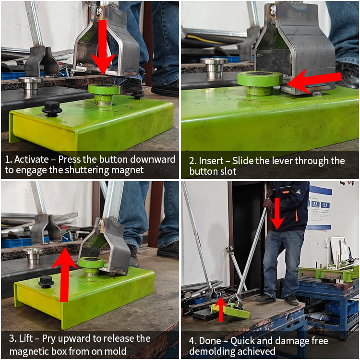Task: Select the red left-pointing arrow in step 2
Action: click(314, 81)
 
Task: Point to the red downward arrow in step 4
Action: click(277, 214)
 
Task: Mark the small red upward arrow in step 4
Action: click(221, 310)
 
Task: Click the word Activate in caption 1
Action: click(32, 159)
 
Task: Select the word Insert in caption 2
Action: click(211, 161)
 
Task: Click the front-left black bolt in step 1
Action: click(52, 109)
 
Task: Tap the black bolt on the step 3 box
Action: click(46, 282)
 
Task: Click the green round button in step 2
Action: click(259, 83)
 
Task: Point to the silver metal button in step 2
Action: click(214, 67)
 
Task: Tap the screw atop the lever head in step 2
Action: click(273, 9)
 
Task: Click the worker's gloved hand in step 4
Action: click(267, 203)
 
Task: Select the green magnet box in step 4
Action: click(230, 311)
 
